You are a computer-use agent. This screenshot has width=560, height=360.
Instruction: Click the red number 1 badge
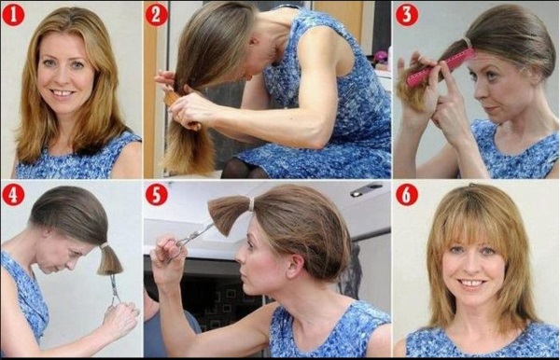click(13, 14)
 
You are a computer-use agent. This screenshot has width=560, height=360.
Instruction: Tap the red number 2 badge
click(156, 14)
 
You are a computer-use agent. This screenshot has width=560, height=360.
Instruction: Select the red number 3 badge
click(406, 14)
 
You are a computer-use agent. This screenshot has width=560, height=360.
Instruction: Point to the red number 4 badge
click(13, 195)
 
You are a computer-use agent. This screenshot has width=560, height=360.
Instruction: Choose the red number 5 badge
click(156, 195)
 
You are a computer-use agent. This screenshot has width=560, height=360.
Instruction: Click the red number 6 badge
click(406, 195)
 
